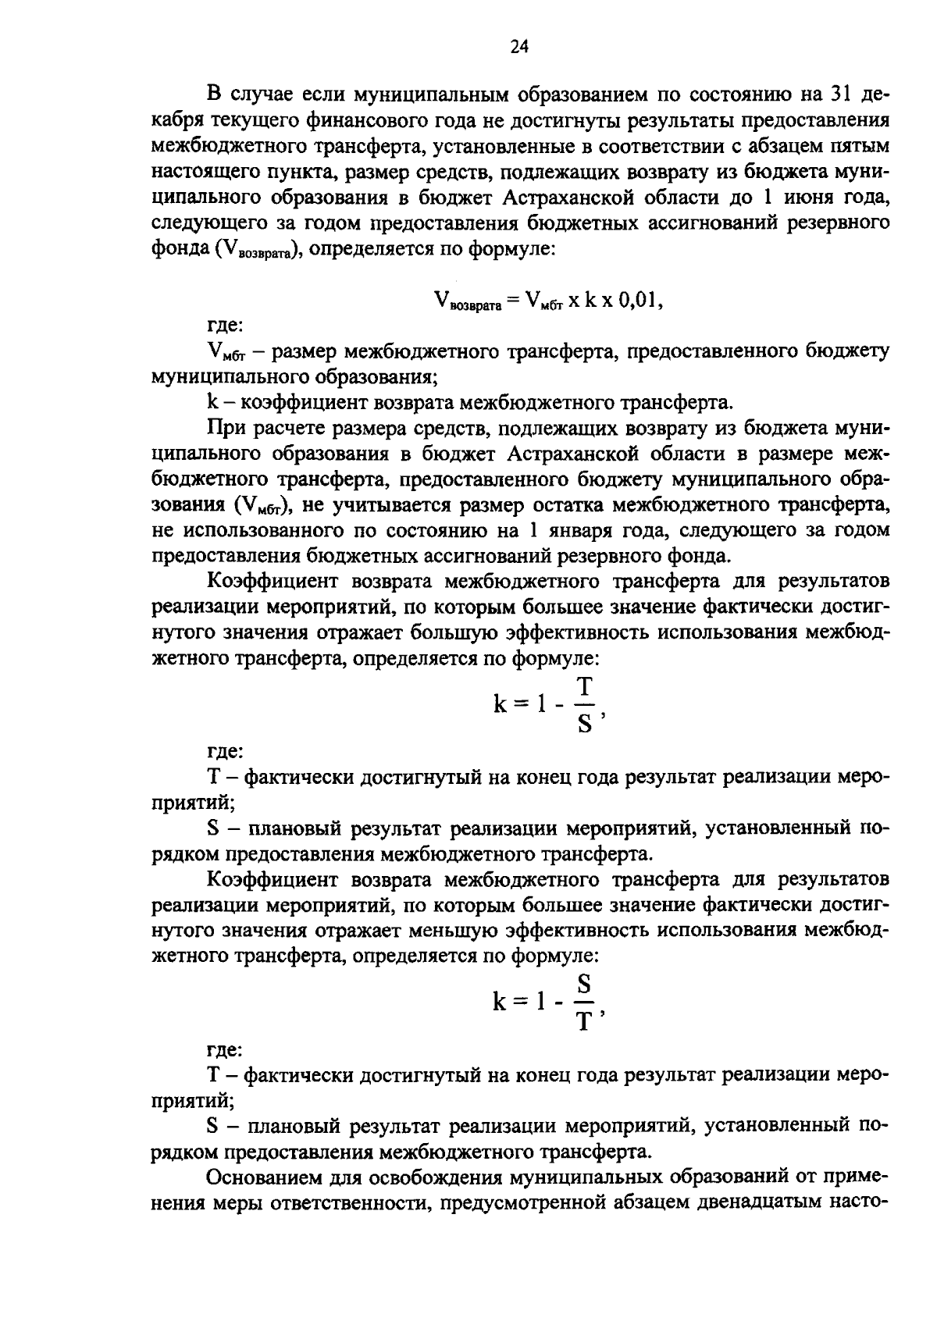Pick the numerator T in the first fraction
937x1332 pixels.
pyautogui.click(x=584, y=687)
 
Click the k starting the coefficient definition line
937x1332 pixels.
pyautogui.click(x=211, y=403)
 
